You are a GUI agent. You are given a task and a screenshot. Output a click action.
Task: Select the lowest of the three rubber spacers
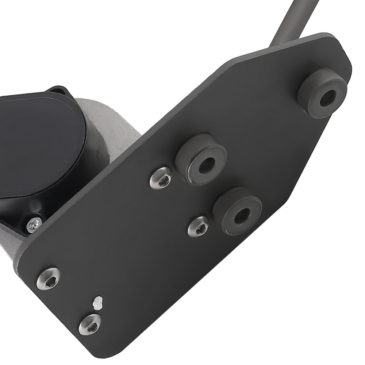(237, 211)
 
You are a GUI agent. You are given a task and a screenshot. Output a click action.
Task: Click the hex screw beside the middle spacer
(162, 178)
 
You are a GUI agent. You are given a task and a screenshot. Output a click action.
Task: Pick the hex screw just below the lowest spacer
(199, 226)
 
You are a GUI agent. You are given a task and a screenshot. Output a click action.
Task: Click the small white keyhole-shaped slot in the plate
(97, 302)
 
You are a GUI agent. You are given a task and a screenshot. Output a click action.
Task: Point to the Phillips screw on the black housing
(34, 224)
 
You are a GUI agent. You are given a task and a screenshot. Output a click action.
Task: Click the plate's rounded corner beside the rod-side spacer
(341, 51)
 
